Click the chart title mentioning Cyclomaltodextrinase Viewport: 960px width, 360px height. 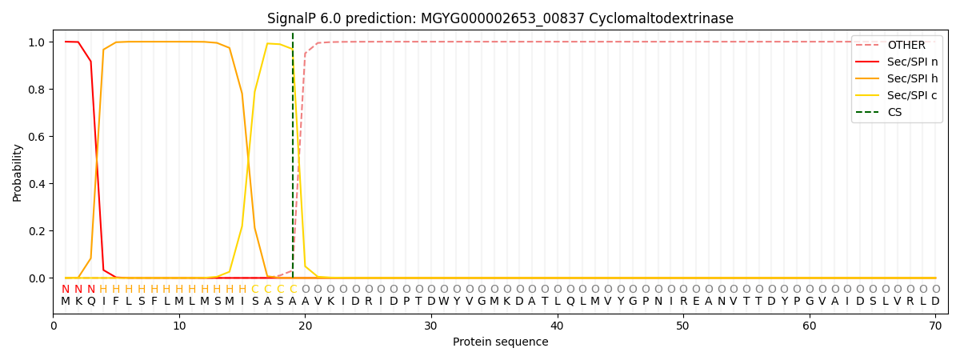click(x=500, y=18)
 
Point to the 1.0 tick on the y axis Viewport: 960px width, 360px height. click(x=38, y=42)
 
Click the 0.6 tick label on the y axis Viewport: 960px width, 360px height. click(x=38, y=137)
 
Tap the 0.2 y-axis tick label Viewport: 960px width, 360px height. click(x=38, y=231)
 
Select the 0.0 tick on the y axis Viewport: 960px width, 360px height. click(x=38, y=278)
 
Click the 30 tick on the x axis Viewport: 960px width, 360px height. click(x=431, y=326)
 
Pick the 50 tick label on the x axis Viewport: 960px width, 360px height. click(x=683, y=326)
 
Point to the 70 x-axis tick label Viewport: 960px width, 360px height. click(x=935, y=326)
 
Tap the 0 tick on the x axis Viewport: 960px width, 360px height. click(x=54, y=326)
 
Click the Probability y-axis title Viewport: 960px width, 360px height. click(x=18, y=172)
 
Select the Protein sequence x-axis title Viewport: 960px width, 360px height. click(x=500, y=342)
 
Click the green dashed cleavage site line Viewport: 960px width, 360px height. click(x=293, y=160)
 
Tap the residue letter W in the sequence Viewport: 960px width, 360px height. click(x=444, y=302)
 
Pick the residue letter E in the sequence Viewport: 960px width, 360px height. click(x=696, y=302)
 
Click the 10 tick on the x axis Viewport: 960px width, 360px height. click(x=179, y=326)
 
